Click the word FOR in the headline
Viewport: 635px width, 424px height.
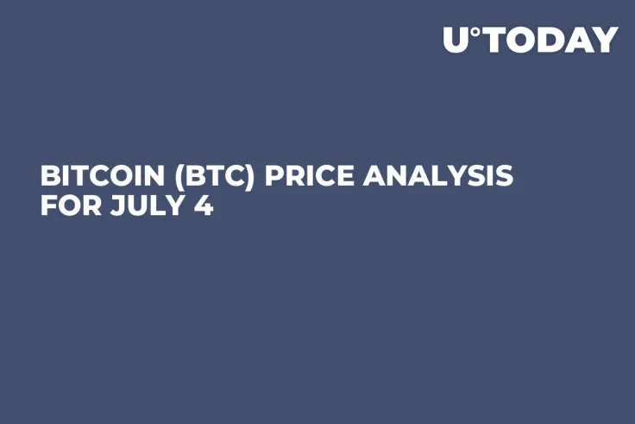tap(66, 207)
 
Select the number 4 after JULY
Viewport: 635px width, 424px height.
tap(204, 207)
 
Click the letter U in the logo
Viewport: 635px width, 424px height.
tap(457, 40)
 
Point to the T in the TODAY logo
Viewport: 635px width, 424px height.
tap(493, 40)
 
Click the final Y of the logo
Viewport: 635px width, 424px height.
tap(605, 40)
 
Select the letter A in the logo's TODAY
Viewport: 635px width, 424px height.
tap(575, 40)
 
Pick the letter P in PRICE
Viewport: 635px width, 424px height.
tap(273, 176)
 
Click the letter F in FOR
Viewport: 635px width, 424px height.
tap(47, 207)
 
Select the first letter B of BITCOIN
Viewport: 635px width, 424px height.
tap(49, 176)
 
